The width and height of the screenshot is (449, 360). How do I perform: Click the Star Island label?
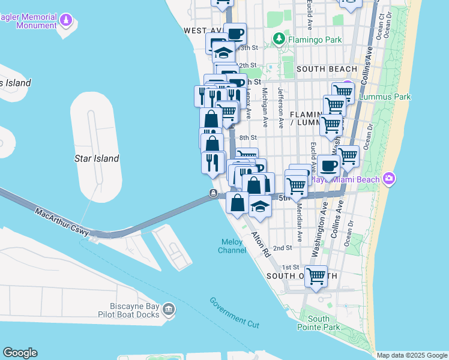96,158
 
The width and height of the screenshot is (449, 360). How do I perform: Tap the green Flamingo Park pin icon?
279,40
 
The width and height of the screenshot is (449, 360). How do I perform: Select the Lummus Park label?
385,96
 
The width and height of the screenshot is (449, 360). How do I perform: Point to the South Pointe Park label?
318,323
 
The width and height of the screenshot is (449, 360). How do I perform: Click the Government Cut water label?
234,312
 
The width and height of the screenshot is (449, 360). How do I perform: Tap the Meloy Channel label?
232,246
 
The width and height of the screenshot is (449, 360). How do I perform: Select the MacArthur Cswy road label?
62,222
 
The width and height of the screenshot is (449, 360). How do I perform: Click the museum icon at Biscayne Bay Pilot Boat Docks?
169,309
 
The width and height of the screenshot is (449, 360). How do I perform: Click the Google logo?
20,353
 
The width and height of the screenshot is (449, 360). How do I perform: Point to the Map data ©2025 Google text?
411,355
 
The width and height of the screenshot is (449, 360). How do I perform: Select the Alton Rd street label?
261,244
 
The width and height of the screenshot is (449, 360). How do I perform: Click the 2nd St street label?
282,248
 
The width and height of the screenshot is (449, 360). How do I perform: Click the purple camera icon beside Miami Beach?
390,179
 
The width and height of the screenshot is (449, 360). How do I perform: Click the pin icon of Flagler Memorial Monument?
64,22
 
